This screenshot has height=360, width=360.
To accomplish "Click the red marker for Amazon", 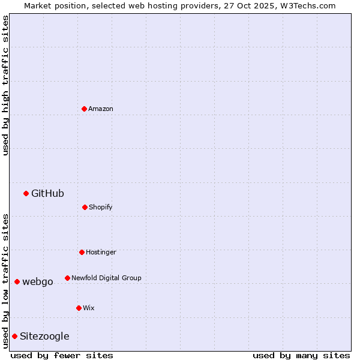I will click(84, 109).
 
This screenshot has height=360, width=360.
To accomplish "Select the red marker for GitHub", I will click(26, 193).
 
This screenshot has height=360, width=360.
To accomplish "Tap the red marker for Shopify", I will click(85, 207).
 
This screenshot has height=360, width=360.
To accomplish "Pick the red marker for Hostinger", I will click(82, 252).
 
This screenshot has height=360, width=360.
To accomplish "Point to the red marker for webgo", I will click(17, 281).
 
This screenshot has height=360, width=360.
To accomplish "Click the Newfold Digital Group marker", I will click(67, 278).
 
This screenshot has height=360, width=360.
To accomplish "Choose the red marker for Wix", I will click(79, 308).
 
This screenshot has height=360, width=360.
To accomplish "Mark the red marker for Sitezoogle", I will click(14, 336).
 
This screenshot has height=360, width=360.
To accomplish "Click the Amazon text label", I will click(101, 109).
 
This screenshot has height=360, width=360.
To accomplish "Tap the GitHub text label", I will click(47, 193).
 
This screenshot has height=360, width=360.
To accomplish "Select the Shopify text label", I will click(101, 207).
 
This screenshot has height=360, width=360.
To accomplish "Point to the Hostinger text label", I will click(101, 252).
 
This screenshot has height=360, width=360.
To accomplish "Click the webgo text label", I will click(38, 281).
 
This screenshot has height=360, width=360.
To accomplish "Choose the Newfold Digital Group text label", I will click(106, 278).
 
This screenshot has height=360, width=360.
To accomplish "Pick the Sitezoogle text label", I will click(44, 336).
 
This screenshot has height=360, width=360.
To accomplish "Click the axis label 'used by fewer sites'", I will click(62, 355).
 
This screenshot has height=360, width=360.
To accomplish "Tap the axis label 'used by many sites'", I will click(301, 355).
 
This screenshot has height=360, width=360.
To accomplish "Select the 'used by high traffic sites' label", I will click(5, 85).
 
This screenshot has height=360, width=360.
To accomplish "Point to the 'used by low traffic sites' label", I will click(5, 280).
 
